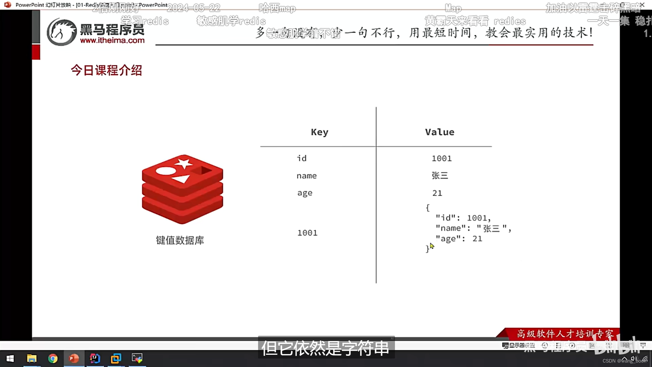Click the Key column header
tap(320, 132)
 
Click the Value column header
tap(439, 132)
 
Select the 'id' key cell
tap(302, 158)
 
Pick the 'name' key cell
tap(306, 176)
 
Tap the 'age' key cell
tap(305, 193)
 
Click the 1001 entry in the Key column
tap(307, 233)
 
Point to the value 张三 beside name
tap(440, 175)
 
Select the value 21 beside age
tap(437, 193)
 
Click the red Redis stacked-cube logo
tap(182, 189)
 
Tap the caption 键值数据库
tap(180, 240)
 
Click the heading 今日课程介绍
tap(106, 70)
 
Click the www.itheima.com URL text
tap(112, 40)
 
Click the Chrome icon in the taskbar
tap(53, 359)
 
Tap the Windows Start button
tap(10, 359)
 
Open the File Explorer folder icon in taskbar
tap(32, 359)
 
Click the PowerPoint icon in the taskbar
tap(74, 359)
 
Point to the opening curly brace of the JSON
tap(428, 207)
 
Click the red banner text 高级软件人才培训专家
tap(565, 334)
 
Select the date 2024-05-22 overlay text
tap(194, 7)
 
